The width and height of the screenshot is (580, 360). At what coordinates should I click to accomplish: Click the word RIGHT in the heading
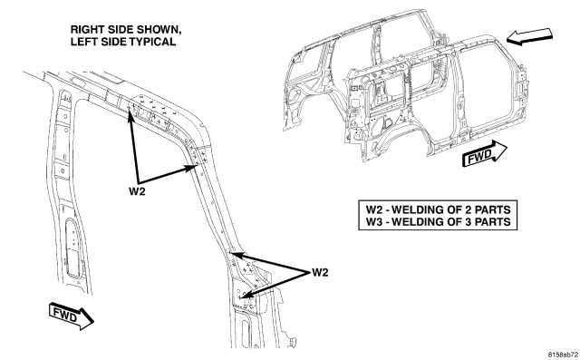point(84,30)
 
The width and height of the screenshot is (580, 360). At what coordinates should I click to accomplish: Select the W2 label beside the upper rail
point(137,191)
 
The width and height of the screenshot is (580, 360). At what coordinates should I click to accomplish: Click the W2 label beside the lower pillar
point(320,273)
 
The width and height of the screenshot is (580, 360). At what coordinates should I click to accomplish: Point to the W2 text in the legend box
point(374,209)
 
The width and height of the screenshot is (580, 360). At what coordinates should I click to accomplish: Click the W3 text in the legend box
point(374,222)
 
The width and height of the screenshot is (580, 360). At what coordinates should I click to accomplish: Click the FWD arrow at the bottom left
point(71,316)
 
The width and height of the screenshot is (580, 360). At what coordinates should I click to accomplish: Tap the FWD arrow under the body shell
point(485,154)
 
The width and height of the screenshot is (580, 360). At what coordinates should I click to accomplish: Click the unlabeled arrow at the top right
point(529,36)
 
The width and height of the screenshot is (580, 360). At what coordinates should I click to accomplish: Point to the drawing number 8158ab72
point(563,355)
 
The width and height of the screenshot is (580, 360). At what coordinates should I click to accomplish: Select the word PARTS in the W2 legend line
point(492,209)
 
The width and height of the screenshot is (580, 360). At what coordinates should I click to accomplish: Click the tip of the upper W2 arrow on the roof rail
point(129,110)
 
